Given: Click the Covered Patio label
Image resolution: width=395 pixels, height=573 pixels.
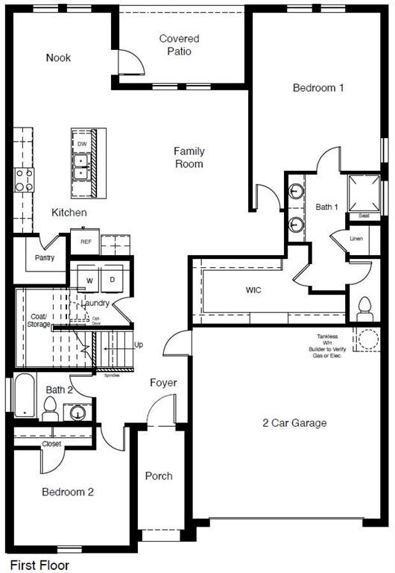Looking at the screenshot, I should [x=179, y=45].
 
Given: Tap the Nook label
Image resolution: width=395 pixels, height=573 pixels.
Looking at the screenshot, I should [x=58, y=57].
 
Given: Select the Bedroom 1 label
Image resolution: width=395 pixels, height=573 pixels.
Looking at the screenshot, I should [x=318, y=87].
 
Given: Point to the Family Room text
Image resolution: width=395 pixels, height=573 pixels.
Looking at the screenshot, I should [x=189, y=157].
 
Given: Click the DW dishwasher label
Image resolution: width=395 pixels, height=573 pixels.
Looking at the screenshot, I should [x=82, y=143].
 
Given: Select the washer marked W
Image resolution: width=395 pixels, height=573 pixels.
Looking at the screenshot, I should [x=90, y=280].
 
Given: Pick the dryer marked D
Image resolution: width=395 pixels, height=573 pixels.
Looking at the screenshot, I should [x=113, y=280].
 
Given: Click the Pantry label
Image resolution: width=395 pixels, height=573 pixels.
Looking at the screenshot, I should [x=45, y=258].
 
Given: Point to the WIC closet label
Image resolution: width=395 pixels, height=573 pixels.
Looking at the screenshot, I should [x=255, y=289].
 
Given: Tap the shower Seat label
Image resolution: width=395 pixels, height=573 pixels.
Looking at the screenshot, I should [x=364, y=216].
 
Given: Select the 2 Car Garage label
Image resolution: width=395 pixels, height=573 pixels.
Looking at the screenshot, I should [x=294, y=423].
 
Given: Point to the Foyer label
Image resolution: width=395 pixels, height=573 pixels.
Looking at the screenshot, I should [x=163, y=383].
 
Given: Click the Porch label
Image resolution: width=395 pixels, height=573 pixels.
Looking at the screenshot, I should [x=159, y=475].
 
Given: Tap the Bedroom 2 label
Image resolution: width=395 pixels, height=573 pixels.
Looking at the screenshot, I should [x=67, y=492].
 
